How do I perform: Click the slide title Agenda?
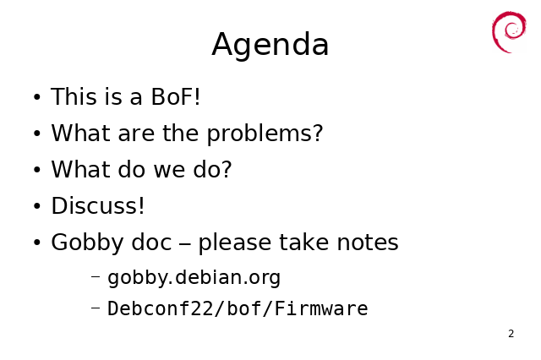270,45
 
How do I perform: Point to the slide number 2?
511,334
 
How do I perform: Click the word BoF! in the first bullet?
176,96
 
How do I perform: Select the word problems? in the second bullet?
265,134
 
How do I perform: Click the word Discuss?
98,205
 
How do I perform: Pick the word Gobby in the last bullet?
87,243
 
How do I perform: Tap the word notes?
368,243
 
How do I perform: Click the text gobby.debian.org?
194,277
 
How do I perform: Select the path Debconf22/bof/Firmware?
238,308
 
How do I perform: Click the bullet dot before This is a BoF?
37,97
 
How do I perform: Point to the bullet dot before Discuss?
37,206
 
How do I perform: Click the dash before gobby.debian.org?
96,276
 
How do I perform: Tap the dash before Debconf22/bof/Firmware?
96,308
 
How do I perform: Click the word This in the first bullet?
74,96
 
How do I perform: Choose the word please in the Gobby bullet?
235,243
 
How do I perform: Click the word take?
304,242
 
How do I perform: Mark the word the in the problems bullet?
180,134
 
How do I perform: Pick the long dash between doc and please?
185,244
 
